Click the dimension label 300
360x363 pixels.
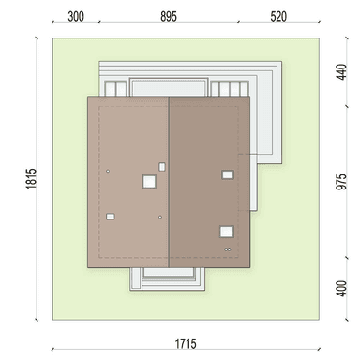click(76, 16)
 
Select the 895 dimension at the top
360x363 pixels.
click(169, 16)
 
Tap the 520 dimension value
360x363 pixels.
click(278, 16)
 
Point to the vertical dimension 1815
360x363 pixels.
click(31, 178)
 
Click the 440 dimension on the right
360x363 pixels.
click(342, 72)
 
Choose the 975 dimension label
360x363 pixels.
click(342, 182)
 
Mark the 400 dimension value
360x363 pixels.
click(342, 289)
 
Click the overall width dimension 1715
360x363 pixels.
click(186, 344)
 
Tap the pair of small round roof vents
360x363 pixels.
click(228, 250)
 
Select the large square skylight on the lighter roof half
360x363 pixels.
click(149, 181)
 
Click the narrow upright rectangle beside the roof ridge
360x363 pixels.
click(162, 167)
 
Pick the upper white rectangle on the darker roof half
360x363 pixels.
click(228, 174)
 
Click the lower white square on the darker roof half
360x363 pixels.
click(227, 232)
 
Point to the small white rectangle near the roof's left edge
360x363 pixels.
click(111, 217)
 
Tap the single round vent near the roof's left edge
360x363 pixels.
click(108, 171)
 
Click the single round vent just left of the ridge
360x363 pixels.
click(160, 217)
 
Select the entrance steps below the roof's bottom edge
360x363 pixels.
click(168, 280)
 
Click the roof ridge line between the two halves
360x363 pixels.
click(169, 182)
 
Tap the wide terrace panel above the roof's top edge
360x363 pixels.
click(169, 87)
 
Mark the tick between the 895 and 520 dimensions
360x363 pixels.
click(238, 22)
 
